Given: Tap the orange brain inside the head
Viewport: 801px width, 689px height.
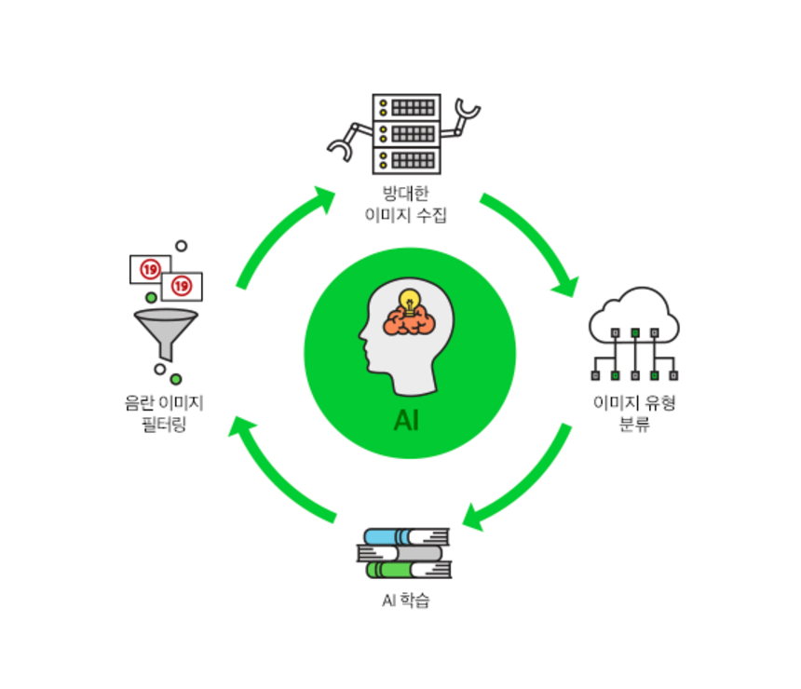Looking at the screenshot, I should click(x=409, y=321).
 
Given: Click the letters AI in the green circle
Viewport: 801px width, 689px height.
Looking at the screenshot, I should click(x=407, y=421).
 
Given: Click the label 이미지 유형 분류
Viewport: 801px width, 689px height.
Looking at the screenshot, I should click(x=633, y=414).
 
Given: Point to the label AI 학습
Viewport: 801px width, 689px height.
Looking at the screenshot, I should click(x=406, y=601).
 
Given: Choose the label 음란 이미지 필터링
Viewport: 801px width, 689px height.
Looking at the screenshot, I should click(x=165, y=413).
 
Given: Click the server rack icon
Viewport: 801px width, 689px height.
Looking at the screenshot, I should click(x=406, y=133).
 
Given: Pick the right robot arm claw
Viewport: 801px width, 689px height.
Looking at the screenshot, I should click(x=468, y=115).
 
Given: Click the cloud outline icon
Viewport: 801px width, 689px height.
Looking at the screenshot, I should click(x=633, y=317).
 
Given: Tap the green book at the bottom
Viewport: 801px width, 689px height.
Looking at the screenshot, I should click(x=407, y=569).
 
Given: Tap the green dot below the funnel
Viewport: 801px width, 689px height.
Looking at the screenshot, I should click(x=176, y=379).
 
